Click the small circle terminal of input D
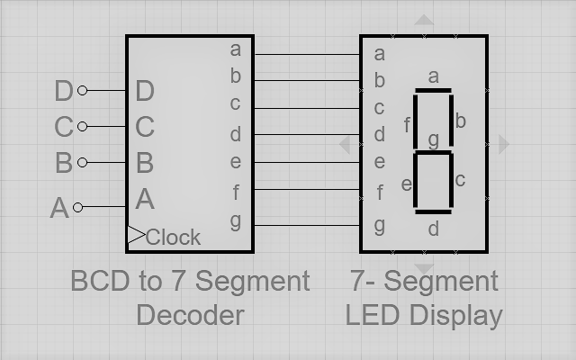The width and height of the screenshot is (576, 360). pyautogui.click(x=83, y=90)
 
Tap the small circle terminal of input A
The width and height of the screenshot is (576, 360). pyautogui.click(x=77, y=207)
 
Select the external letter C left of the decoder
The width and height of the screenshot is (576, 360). pyautogui.click(x=63, y=127)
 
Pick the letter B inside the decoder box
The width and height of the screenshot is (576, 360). pyautogui.click(x=144, y=163)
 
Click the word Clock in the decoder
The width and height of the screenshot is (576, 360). pyautogui.click(x=173, y=238)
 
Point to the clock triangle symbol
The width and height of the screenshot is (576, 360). pyautogui.click(x=135, y=236)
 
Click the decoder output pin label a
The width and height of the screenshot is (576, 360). pyautogui.click(x=236, y=49)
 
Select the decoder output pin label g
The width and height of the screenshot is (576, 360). pyautogui.click(x=236, y=219)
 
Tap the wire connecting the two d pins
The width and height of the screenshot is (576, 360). pyautogui.click(x=306, y=135)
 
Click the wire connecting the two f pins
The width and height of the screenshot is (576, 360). pyautogui.click(x=306, y=191)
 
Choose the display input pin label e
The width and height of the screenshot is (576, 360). pyautogui.click(x=379, y=163)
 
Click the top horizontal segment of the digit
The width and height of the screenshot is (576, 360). pyautogui.click(x=433, y=90)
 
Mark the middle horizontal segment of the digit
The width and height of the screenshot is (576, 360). pyautogui.click(x=433, y=152)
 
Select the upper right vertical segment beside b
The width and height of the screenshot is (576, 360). pyautogui.click(x=450, y=121)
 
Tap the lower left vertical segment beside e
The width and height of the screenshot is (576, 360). pyautogui.click(x=415, y=183)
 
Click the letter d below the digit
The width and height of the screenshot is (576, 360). pyautogui.click(x=433, y=229)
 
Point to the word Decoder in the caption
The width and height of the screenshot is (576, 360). pyautogui.click(x=190, y=315)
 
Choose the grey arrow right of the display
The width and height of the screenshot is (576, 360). pyautogui.click(x=504, y=144)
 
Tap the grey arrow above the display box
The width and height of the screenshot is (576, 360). pyautogui.click(x=424, y=20)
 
